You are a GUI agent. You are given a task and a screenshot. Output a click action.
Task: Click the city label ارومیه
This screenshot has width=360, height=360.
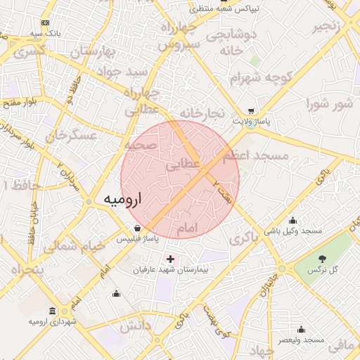point(122,199)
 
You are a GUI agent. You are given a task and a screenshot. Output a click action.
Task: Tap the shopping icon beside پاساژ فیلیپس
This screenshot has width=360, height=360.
point(137,228)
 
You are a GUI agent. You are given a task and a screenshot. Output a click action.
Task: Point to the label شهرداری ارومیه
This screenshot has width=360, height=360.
point(52,321)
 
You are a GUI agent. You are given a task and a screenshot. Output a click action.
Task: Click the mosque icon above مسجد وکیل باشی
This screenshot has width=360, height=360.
point(292,221)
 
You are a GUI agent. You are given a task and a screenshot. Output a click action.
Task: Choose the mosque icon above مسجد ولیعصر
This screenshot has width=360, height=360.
point(301,329)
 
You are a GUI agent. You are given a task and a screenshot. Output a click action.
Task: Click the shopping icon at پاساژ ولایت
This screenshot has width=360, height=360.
point(251,110)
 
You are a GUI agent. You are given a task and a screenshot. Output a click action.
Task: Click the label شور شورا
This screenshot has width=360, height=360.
point(328,105)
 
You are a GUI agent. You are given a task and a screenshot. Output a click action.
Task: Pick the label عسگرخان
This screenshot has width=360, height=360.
point(70,136)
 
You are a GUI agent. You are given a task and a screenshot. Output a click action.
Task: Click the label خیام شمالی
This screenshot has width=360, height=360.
point(73,247)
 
